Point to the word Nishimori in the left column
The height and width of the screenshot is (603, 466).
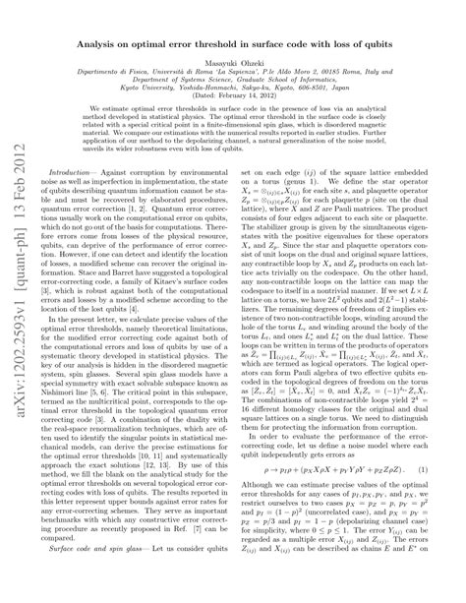pos(66,411)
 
